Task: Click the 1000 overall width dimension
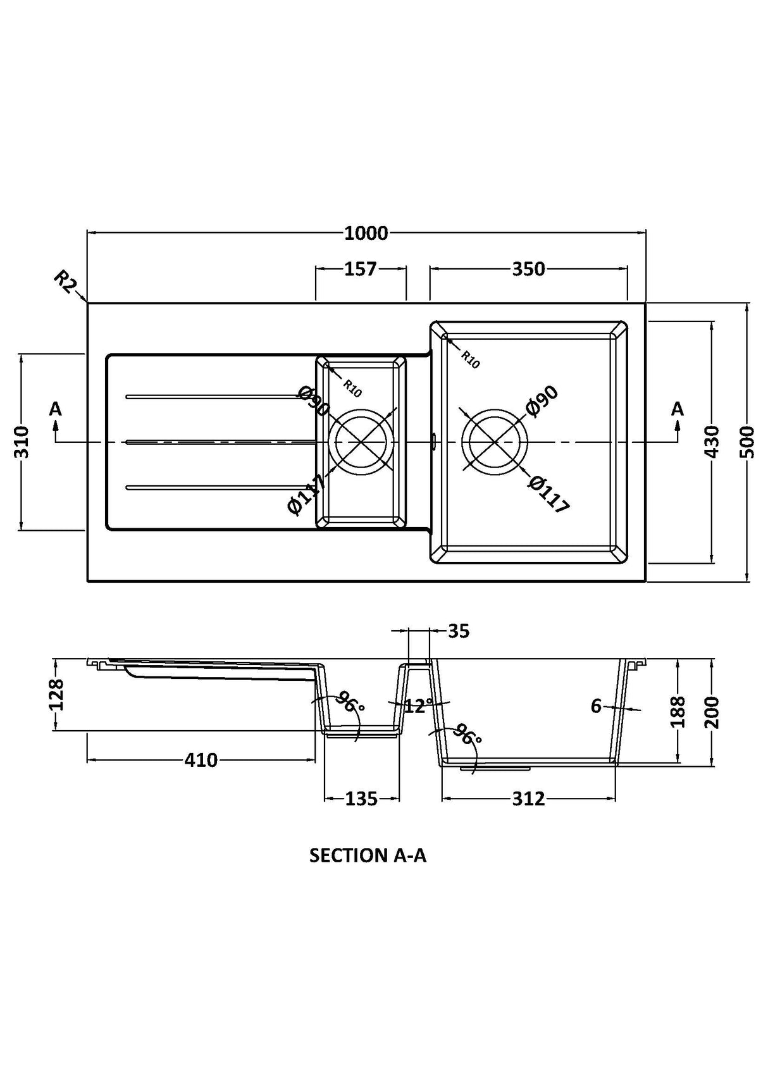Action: [366, 233]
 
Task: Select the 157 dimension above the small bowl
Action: [360, 270]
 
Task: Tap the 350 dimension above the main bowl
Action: [528, 270]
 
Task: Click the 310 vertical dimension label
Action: [22, 442]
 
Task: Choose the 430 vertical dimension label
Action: [712, 442]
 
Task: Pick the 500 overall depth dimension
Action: [748, 442]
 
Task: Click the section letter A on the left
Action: [56, 409]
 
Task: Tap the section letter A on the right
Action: [678, 409]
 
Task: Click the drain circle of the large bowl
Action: [494, 441]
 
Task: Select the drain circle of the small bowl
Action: [361, 441]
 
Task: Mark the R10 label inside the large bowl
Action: [470, 359]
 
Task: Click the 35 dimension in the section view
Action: [459, 631]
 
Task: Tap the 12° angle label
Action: [418, 706]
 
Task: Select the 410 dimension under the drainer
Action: [201, 760]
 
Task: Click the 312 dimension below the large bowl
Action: [528, 799]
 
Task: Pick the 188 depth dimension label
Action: [678, 711]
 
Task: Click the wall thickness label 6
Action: [596, 706]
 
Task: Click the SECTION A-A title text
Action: [368, 855]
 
